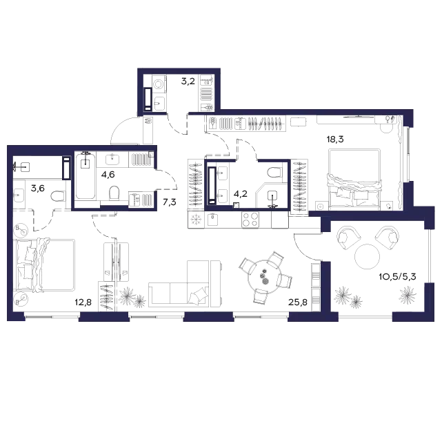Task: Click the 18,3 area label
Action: coord(335,139)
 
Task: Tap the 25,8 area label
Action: coord(298,302)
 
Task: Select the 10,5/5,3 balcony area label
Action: coord(397,277)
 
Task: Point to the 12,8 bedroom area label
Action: coord(83,302)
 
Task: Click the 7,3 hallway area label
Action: coord(170,202)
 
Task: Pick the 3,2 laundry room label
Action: coord(188,81)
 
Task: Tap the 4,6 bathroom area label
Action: coord(108,175)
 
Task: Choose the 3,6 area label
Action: coord(37,188)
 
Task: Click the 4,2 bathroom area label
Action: coord(241,193)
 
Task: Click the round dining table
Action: coord(265,277)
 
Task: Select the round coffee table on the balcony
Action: coord(368,256)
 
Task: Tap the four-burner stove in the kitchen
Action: coord(250,220)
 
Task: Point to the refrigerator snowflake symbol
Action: coord(195,220)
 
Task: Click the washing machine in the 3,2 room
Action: coord(159,84)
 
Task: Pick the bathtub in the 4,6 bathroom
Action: coord(85,175)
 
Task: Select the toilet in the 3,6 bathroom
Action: coord(58,196)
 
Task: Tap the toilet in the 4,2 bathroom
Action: coord(274,173)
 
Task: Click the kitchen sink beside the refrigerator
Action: coord(212,220)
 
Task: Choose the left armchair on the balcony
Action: coord(348,238)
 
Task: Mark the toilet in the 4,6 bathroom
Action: coord(114,193)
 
